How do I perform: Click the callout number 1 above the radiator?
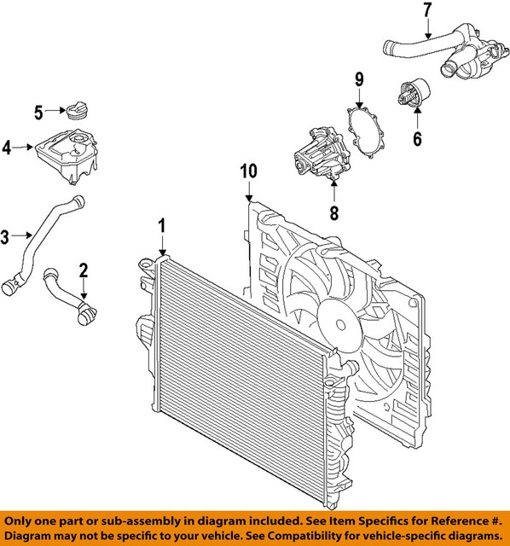[x=161, y=225]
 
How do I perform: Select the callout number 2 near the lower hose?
[x=84, y=271]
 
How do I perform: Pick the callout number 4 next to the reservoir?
[x=7, y=148]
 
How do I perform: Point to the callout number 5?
[x=38, y=111]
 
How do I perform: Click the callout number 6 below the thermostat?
[x=417, y=136]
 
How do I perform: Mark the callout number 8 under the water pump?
[x=334, y=212]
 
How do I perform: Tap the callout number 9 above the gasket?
[x=359, y=79]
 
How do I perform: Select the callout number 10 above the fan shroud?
[x=247, y=170]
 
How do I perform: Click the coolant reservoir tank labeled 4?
[x=65, y=154]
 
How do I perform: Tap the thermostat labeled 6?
[x=410, y=96]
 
